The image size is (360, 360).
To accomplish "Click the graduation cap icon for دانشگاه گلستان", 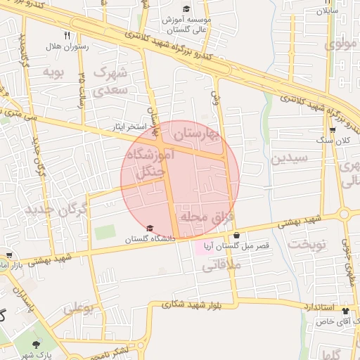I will click(150, 229).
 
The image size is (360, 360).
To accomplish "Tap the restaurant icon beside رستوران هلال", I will click(67, 34).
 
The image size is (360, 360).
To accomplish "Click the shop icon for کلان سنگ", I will click(333, 130).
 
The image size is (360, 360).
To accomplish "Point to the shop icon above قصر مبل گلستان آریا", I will click(236, 235).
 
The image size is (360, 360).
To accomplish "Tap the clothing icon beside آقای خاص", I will click(345, 310).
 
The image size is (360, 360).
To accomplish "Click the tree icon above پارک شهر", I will click(35, 344).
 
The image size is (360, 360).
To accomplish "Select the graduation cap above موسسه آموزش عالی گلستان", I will click(186, 9).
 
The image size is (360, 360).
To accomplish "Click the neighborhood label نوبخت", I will click(309, 244).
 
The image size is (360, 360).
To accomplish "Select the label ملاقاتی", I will click(224, 265).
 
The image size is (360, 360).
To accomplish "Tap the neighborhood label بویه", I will click(53, 72).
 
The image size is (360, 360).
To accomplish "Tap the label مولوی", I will click(341, 44).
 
